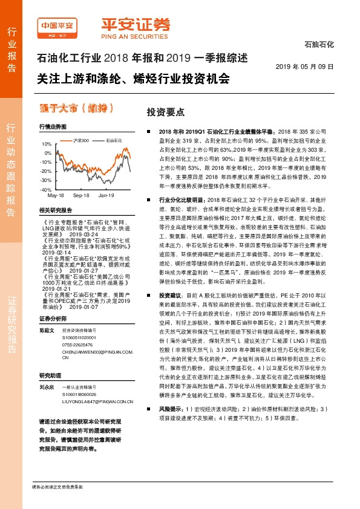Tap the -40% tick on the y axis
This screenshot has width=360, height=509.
click(x=46, y=190)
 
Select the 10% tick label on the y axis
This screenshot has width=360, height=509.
click(x=47, y=144)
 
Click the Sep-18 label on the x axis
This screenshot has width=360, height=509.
click(x=81, y=196)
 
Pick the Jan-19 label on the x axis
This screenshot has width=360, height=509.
click(x=106, y=196)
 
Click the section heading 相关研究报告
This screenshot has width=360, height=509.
click(x=55, y=210)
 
